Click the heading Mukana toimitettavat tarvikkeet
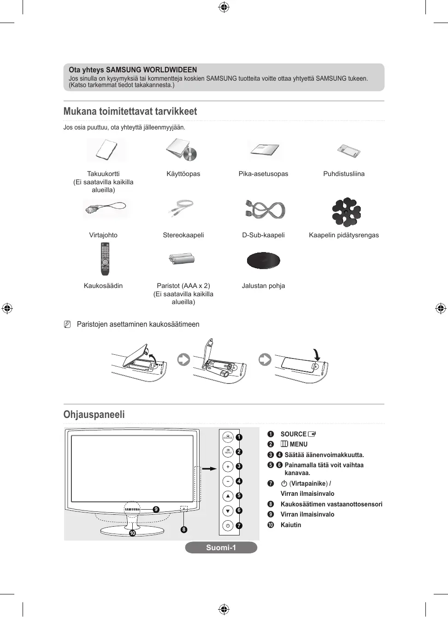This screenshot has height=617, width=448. (x=130, y=112)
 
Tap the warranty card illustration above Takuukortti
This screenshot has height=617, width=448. (x=106, y=149)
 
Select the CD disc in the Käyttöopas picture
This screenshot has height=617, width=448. (x=190, y=154)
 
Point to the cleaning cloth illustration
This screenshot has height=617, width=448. (x=348, y=150)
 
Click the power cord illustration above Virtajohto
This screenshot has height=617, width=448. (x=106, y=208)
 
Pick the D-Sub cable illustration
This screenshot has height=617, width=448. (x=265, y=210)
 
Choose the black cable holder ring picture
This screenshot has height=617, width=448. (x=346, y=212)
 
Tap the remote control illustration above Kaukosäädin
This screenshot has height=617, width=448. (x=105, y=259)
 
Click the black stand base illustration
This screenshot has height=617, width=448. (x=263, y=260)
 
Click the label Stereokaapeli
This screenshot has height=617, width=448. (x=183, y=235)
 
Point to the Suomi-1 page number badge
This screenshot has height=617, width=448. (x=221, y=547)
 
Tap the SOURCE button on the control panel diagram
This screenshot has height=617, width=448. (x=228, y=437)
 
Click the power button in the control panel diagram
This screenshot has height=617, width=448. (x=228, y=525)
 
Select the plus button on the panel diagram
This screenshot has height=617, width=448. (x=228, y=466)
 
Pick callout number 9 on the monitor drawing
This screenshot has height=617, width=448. (x=156, y=509)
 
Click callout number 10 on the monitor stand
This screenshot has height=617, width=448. (x=132, y=533)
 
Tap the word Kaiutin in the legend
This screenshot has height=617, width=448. (x=291, y=525)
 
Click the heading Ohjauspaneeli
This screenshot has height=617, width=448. (x=94, y=414)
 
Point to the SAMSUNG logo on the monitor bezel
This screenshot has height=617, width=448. (x=132, y=509)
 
